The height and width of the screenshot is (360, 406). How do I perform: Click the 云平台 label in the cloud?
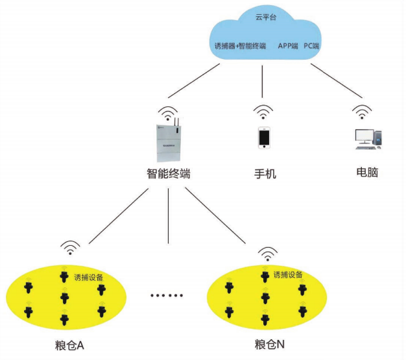266,18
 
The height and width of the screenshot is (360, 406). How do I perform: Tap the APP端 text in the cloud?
287,46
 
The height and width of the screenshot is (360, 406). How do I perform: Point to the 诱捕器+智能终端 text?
240,46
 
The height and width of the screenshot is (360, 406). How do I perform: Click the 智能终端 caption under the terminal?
168,174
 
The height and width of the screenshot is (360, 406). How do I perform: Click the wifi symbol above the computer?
361,112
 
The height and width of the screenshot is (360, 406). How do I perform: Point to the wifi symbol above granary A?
70,248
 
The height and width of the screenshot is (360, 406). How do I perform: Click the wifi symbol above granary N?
266,252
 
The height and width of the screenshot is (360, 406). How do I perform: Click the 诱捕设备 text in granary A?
88,278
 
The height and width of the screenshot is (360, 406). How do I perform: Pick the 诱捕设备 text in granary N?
287,274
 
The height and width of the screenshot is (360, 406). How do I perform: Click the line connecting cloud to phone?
262,81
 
